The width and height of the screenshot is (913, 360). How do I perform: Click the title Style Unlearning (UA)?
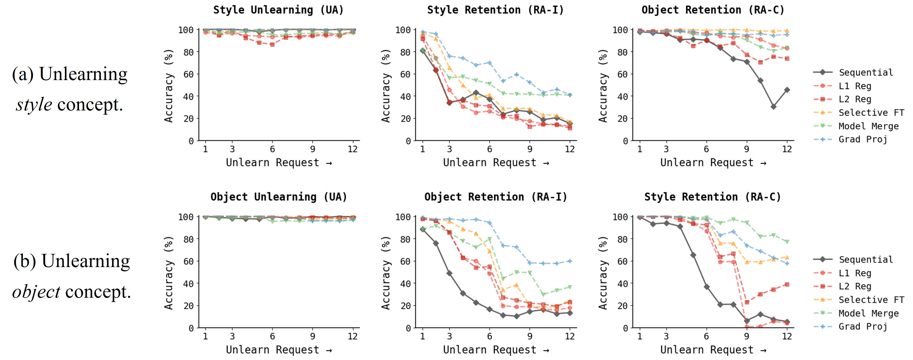pyautogui.click(x=278, y=10)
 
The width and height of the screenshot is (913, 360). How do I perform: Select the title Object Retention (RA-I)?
pyautogui.click(x=495, y=197)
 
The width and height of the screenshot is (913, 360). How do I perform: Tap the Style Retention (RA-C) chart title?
pyautogui.click(x=712, y=197)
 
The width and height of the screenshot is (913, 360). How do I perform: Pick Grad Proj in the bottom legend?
pyautogui.click(x=862, y=327)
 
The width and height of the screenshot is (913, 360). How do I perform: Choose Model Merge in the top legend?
pyautogui.click(x=868, y=126)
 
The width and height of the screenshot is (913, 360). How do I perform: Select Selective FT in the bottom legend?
pyautogui.click(x=871, y=300)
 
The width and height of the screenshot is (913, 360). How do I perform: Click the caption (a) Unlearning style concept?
pyautogui.click(x=70, y=89)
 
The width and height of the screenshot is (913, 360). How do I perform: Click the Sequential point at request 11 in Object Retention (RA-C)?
pyautogui.click(x=773, y=107)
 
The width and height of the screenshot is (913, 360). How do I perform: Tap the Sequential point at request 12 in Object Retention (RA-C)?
pyautogui.click(x=787, y=90)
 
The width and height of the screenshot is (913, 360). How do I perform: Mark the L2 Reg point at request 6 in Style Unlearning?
pyautogui.click(x=272, y=45)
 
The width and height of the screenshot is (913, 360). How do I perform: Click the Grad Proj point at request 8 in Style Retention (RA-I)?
pyautogui.click(x=516, y=74)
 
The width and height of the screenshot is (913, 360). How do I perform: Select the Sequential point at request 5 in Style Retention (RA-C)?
pyautogui.click(x=693, y=255)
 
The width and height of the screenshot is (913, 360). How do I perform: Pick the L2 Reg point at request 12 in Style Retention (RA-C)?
pyautogui.click(x=787, y=285)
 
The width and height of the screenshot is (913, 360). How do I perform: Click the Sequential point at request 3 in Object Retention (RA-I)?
pyautogui.click(x=450, y=273)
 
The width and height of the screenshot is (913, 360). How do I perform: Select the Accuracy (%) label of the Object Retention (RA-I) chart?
pyautogui.click(x=386, y=273)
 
